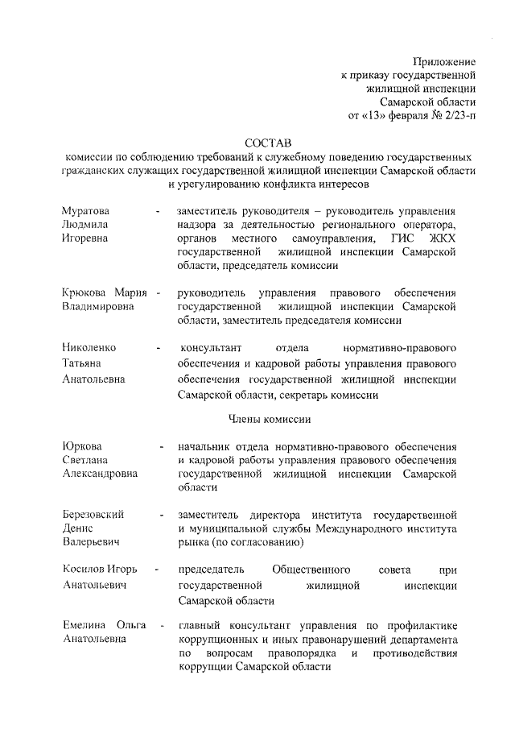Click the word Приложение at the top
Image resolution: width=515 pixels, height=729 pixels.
point(444,62)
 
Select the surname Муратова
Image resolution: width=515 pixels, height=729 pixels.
point(85,210)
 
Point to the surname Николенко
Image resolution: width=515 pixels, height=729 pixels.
point(89,348)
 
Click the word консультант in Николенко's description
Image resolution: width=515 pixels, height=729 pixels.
point(208,348)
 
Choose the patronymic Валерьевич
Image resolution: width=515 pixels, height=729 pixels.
point(92,543)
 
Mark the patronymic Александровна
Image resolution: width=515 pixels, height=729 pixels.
point(100,475)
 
